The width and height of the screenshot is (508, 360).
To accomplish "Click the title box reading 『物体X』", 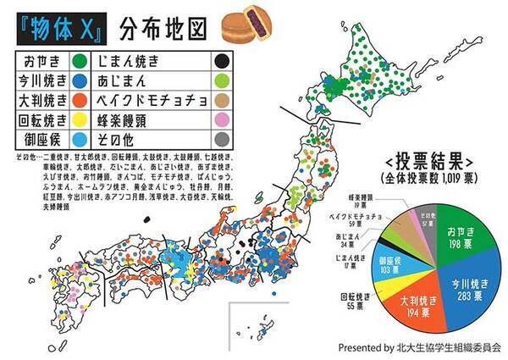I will [x=55, y=26].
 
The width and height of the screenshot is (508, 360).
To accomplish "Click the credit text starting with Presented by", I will [x=419, y=348].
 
